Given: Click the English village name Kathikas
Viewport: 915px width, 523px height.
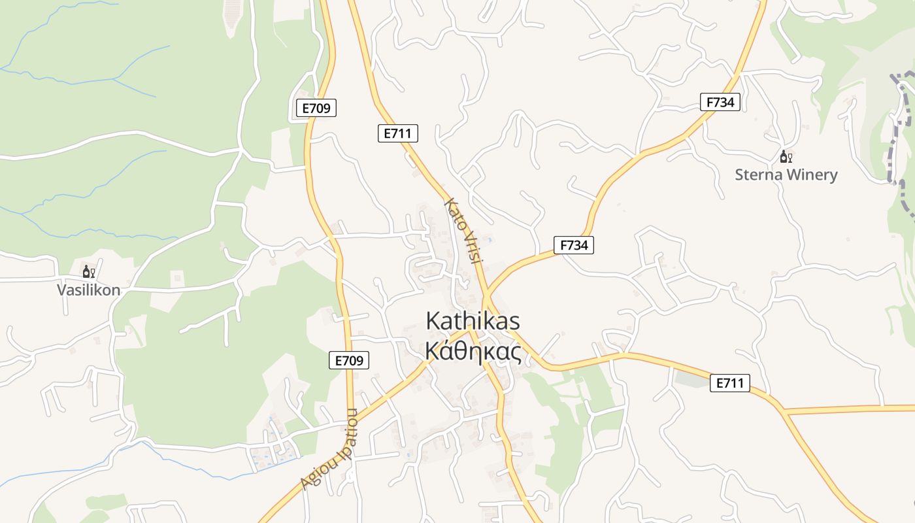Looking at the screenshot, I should [x=473, y=321].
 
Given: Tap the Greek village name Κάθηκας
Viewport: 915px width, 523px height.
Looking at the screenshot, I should [x=473, y=352].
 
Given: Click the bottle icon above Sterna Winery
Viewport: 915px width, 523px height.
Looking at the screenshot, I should [x=784, y=157].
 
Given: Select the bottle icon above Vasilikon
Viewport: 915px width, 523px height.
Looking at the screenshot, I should [x=86, y=271].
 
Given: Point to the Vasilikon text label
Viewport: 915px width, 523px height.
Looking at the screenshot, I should [x=89, y=290].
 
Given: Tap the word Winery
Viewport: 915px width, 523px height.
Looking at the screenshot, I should [x=813, y=175].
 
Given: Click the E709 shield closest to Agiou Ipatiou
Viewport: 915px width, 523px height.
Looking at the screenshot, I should [x=348, y=360].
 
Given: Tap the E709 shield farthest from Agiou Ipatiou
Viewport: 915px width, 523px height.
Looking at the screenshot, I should [x=316, y=109].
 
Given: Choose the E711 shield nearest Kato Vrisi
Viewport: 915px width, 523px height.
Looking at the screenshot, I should [x=397, y=133].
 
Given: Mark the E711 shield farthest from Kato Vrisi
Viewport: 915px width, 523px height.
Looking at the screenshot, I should [x=729, y=383].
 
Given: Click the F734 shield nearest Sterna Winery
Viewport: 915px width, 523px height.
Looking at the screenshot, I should [x=720, y=102].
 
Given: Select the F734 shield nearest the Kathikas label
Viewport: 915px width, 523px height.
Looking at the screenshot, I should [x=574, y=245].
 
